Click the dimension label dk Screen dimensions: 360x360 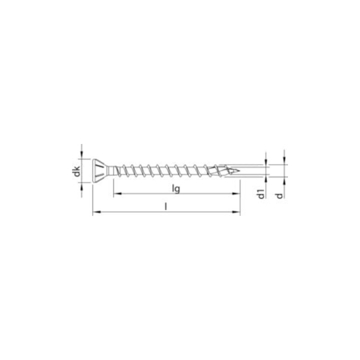point(77,171)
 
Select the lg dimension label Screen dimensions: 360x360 point(176,188)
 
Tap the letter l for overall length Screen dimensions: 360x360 point(166,206)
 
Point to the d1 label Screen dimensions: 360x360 point(261,193)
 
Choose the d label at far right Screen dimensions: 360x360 point(279,195)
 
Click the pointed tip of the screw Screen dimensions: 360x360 point(239,171)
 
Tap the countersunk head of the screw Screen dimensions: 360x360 point(100,171)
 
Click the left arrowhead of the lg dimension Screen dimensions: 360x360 point(117,194)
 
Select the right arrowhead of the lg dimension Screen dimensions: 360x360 point(236,194)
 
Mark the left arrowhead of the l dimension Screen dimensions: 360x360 point(96,212)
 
